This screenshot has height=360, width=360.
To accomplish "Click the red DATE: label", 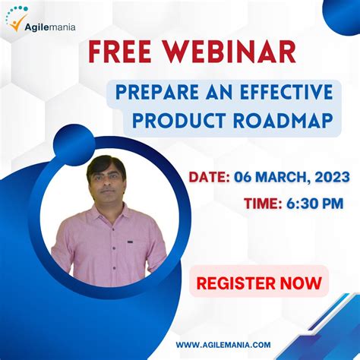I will click(210, 177).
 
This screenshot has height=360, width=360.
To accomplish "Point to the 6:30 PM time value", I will click(314, 203).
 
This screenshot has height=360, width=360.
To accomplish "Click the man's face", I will click(106, 182).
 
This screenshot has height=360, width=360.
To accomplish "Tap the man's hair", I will click(106, 162).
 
